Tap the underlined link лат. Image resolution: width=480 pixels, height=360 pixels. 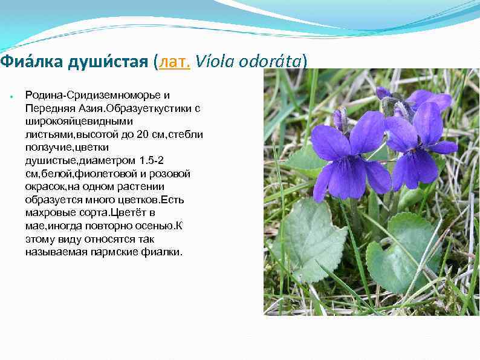pos(174,62)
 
